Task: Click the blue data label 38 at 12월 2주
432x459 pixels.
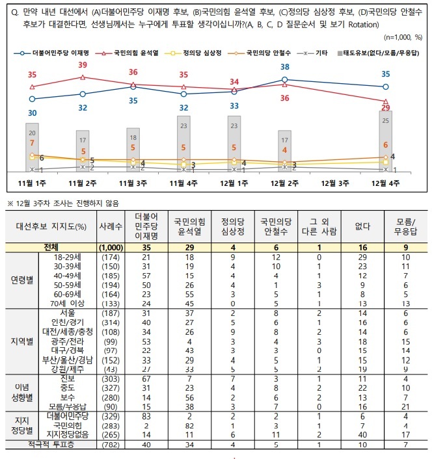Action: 285,67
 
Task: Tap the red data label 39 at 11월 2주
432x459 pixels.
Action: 83,65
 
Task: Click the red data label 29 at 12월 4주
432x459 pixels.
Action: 386,107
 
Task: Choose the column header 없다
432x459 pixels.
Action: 358,226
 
